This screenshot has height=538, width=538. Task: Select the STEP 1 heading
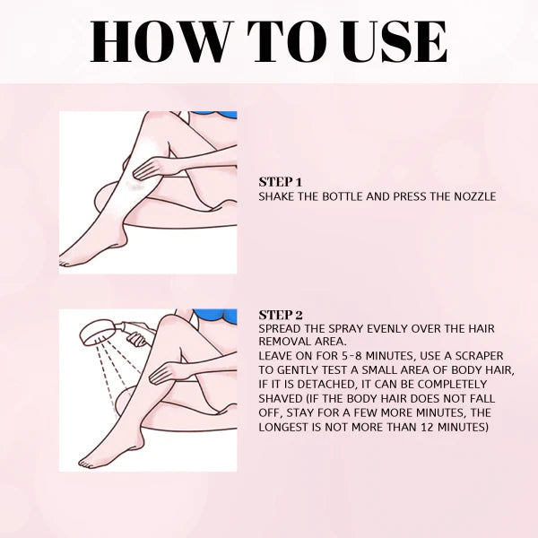point(281,180)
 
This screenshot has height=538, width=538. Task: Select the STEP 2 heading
point(281,315)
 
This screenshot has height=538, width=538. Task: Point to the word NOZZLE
point(473,195)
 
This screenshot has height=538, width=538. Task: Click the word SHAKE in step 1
point(277,195)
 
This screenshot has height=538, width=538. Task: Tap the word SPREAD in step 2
point(281,329)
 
